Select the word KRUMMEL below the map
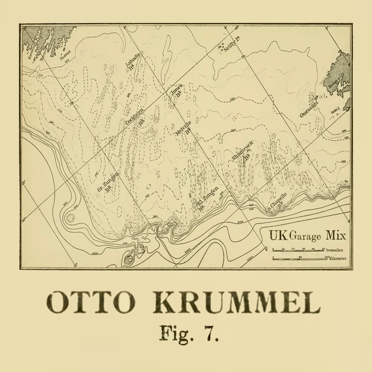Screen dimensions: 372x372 click(x=236, y=304)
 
